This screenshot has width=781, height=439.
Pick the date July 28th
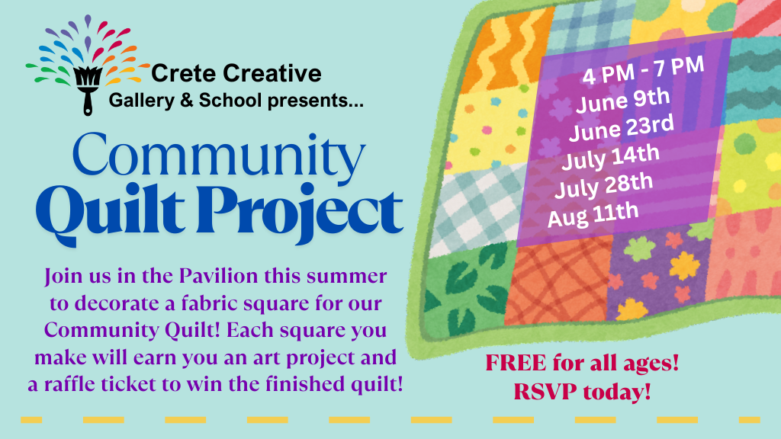click(x=603, y=185)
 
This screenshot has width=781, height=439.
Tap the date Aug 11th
click(x=593, y=213)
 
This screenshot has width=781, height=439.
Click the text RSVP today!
click(x=582, y=393)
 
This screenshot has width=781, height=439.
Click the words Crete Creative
click(x=236, y=74)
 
